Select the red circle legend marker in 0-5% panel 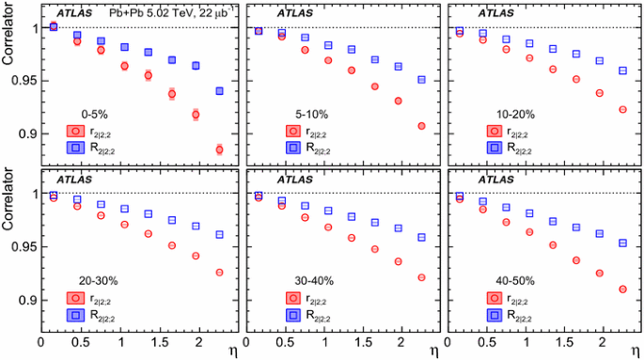[x=78, y=132]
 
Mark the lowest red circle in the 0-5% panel [x=219, y=149]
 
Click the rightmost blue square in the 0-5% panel [x=219, y=91]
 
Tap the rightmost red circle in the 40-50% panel [x=622, y=290]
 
